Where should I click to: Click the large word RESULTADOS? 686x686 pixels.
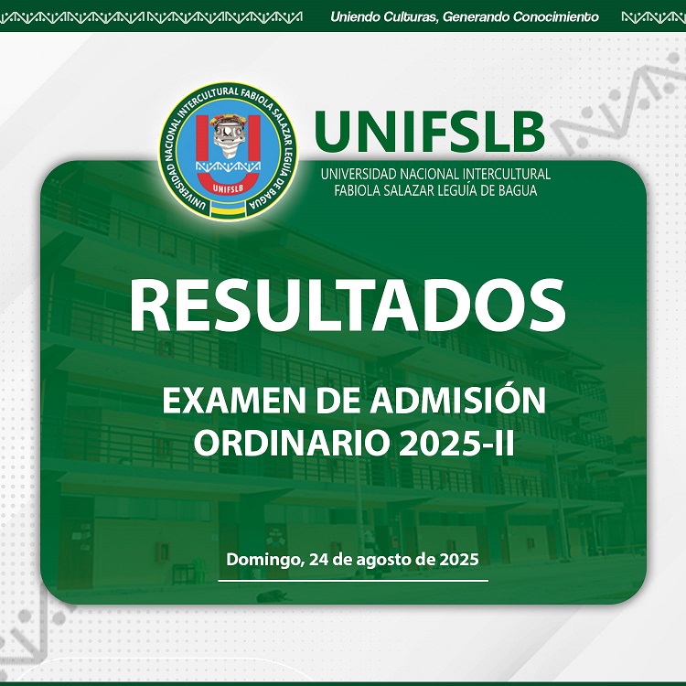[x=348, y=305]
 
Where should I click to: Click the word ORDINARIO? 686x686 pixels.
[x=292, y=443]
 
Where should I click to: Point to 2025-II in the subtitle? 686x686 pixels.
[x=456, y=443]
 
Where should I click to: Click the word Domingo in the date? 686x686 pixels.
[x=263, y=560]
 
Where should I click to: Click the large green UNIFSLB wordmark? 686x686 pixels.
[x=429, y=131]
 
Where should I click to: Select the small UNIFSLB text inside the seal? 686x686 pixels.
[x=228, y=188]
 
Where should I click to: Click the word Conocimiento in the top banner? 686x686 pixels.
[x=556, y=17]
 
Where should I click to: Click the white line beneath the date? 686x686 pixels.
[x=353, y=581]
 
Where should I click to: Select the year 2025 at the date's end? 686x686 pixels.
[x=459, y=560]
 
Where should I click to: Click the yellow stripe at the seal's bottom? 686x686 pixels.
[x=228, y=211]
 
